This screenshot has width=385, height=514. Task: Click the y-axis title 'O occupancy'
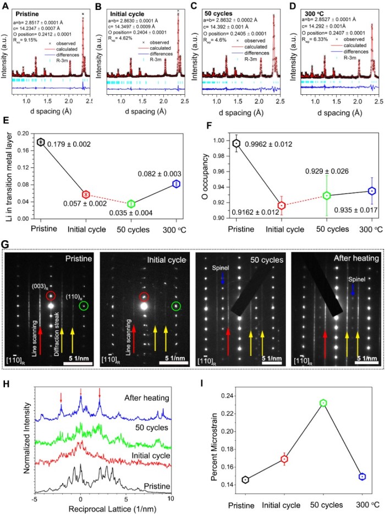[205, 176]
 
